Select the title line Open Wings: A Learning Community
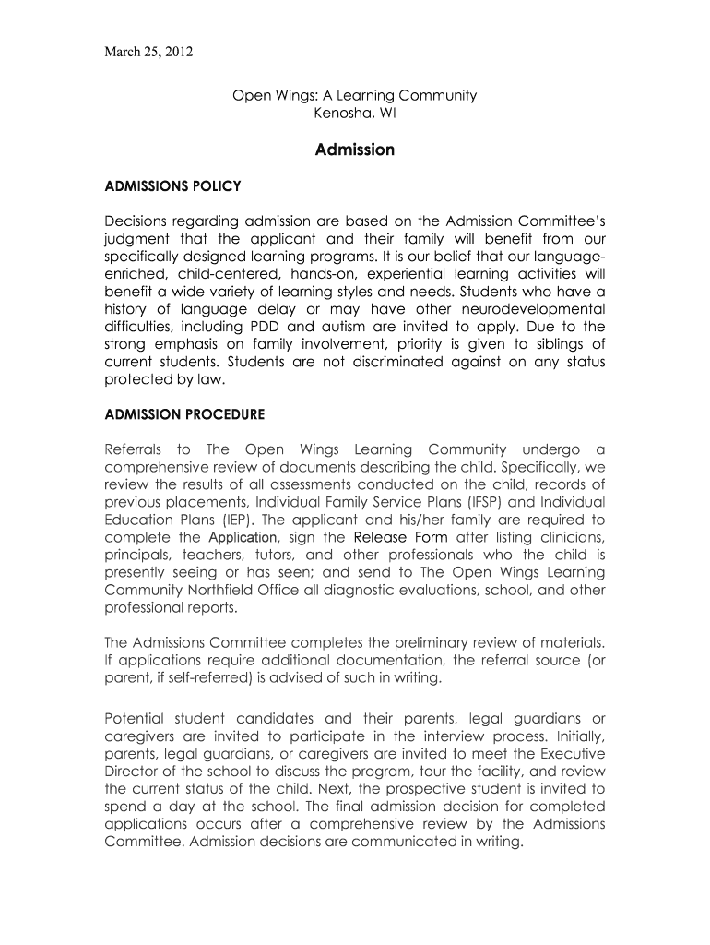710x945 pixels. pyautogui.click(x=354, y=95)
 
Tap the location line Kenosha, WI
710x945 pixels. pyautogui.click(x=355, y=114)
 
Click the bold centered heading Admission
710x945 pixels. pyautogui.click(x=355, y=150)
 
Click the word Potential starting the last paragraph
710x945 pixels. pyautogui.click(x=135, y=718)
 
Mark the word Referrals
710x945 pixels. pyautogui.click(x=138, y=449)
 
